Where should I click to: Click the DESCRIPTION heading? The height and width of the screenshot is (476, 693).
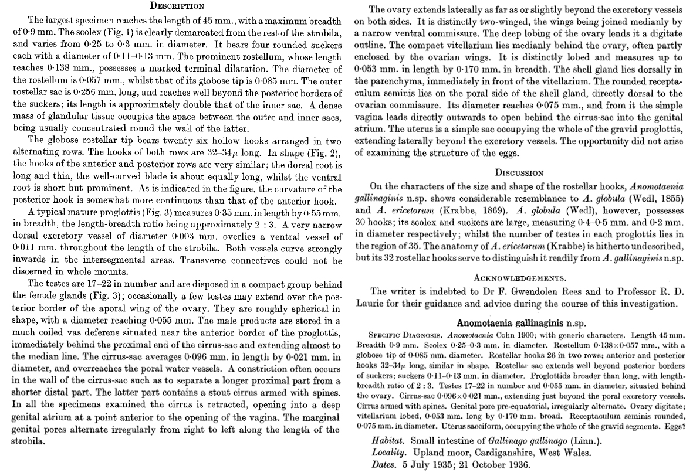point(177,6)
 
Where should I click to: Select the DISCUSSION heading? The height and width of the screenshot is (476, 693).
point(520,173)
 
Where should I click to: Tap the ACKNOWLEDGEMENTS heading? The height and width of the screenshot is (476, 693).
point(520,277)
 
